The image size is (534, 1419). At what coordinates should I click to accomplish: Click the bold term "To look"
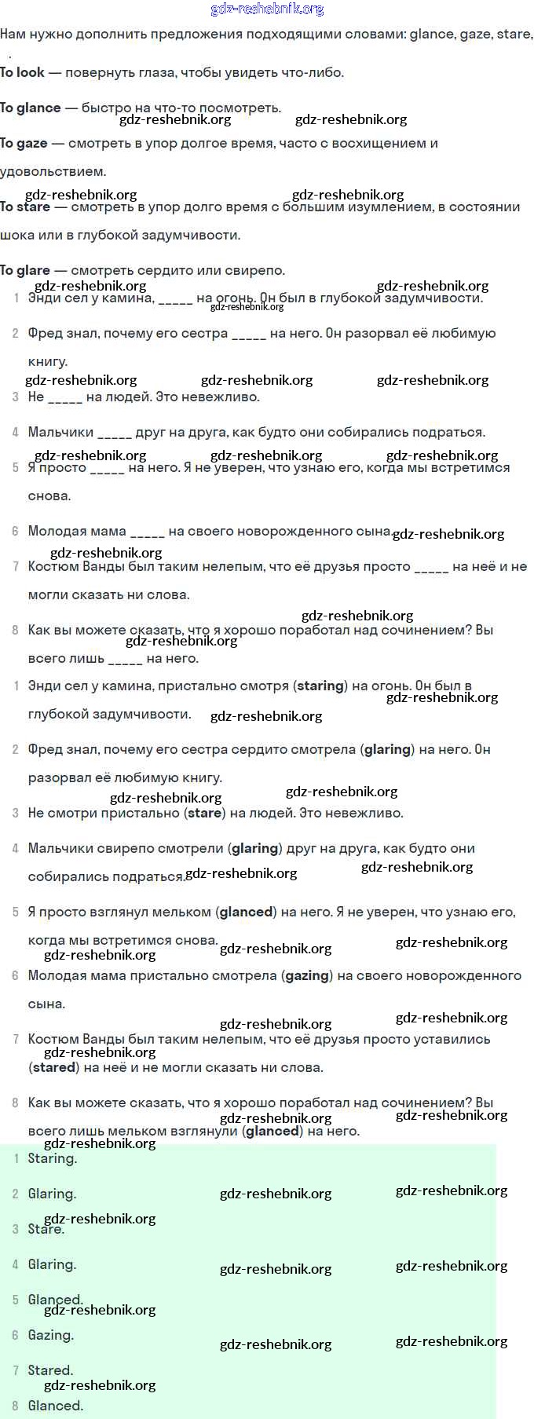(22, 72)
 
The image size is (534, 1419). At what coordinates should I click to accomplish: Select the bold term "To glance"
(30, 108)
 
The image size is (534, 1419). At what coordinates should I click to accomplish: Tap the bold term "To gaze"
(24, 143)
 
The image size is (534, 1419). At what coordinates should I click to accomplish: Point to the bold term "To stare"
(25, 207)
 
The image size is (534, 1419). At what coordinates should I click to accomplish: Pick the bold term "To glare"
(25, 270)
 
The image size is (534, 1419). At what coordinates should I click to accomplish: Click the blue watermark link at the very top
(267, 9)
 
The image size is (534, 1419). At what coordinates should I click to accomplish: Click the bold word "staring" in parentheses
(320, 686)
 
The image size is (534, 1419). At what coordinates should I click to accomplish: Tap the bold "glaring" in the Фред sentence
(387, 749)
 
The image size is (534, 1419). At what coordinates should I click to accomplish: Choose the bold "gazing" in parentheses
(307, 975)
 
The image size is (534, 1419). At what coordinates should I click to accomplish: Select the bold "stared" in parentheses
(54, 1067)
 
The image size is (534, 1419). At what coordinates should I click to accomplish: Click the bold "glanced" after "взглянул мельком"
(247, 912)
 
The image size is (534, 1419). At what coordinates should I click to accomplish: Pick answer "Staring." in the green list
(52, 1158)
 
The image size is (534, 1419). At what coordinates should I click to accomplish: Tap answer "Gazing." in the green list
(50, 1335)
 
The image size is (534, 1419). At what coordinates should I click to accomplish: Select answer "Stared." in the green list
(50, 1370)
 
